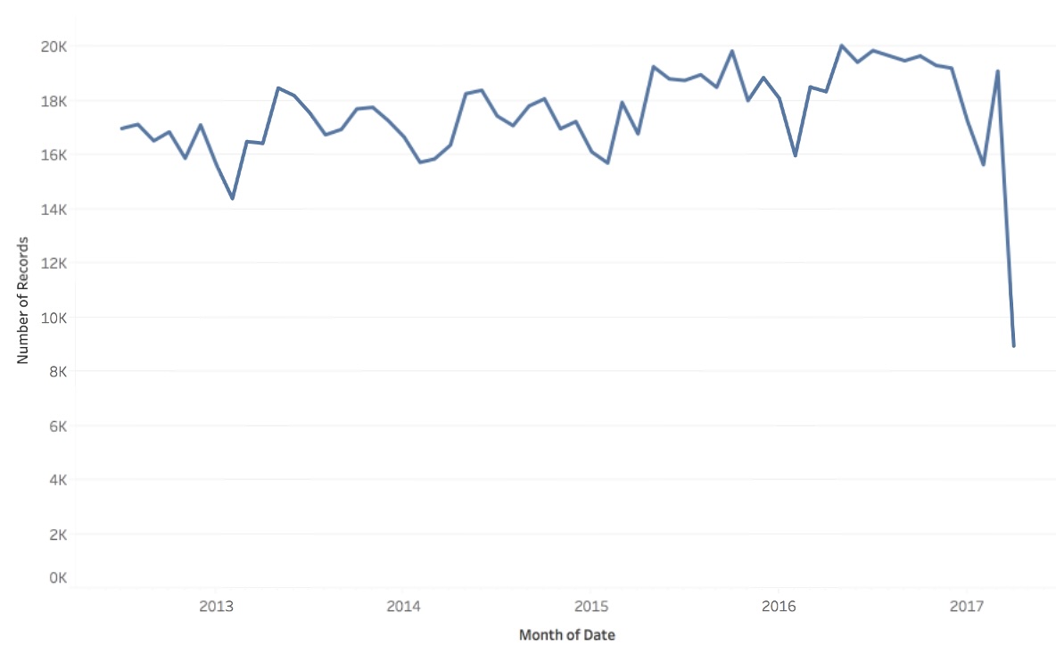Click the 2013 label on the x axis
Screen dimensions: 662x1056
(216, 607)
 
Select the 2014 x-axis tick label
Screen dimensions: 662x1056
(403, 607)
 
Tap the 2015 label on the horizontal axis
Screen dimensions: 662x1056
(590, 607)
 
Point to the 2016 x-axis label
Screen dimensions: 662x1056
(779, 607)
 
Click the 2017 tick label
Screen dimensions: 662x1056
(966, 607)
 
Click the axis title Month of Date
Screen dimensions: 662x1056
(567, 635)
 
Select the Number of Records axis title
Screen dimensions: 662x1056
(24, 299)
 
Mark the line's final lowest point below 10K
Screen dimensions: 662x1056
(1014, 345)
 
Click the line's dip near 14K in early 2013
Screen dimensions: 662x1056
(233, 198)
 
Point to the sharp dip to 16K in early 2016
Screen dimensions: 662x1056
(795, 155)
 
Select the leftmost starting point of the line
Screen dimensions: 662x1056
(122, 128)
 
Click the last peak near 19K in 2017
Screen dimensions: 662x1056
(998, 71)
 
